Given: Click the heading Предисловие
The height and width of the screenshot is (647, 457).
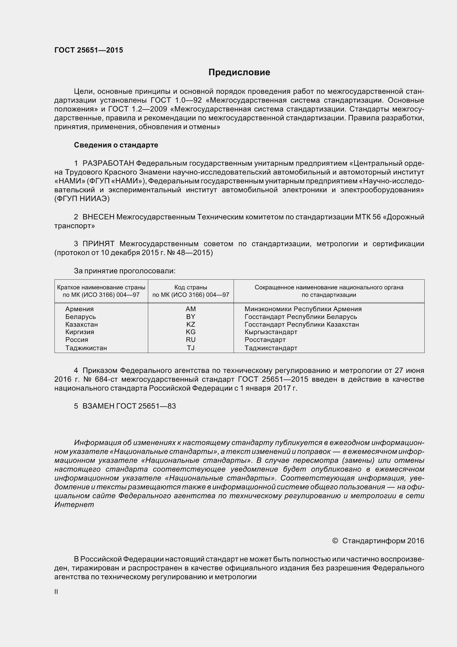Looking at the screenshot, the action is click(239, 72).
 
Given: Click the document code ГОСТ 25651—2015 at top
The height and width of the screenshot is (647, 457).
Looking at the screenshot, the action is click(89, 50).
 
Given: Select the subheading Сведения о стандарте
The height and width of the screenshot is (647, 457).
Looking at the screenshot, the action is click(116, 145).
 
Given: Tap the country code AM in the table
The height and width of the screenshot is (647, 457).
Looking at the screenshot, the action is click(191, 309).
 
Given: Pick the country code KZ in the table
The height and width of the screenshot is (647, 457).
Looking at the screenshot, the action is click(191, 324).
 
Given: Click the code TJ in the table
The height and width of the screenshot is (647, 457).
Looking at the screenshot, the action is click(191, 348).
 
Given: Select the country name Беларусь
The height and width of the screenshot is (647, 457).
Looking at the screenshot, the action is click(80, 317).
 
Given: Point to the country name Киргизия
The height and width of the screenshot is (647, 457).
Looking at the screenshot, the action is click(80, 332).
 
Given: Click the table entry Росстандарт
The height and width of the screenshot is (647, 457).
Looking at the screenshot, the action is click(265, 340).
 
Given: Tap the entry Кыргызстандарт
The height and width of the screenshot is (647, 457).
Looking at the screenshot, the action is click(271, 332).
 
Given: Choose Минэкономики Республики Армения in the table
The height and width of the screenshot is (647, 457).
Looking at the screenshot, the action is click(303, 309).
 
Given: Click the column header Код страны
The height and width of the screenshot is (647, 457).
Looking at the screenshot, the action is click(191, 287).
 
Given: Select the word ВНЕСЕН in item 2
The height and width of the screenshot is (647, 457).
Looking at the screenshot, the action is click(98, 217).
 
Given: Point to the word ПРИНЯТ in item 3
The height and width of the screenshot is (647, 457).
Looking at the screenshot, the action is click(98, 244).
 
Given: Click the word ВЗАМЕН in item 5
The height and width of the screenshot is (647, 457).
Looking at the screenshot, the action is click(98, 406).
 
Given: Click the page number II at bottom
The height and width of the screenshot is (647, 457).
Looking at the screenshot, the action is click(56, 592).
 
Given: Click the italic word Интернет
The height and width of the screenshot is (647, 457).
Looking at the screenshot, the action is click(74, 505).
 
